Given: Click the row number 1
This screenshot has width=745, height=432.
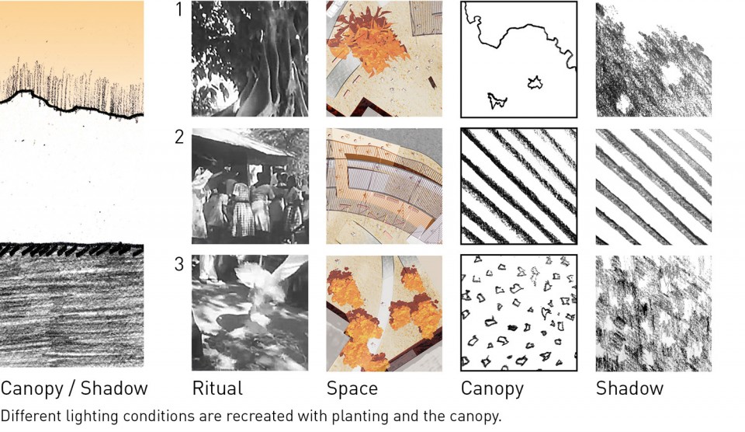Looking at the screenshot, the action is [178, 9].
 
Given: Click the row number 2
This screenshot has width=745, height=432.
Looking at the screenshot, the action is [179, 137].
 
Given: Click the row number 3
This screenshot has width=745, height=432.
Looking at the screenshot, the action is [179, 264].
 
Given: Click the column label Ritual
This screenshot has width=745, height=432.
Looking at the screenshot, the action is [217, 388].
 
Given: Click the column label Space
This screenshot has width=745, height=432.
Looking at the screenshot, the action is [352, 389].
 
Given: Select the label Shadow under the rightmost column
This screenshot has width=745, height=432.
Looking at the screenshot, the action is [629, 388].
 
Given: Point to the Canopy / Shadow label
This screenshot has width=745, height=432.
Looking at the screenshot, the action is [74, 388].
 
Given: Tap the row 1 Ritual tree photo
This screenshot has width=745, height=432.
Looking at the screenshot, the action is [250, 58].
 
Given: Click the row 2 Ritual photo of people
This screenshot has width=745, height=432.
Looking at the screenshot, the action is [250, 186].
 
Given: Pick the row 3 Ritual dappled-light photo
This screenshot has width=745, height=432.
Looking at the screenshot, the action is [250, 313].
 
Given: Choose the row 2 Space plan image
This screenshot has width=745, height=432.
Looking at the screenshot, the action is [384, 186].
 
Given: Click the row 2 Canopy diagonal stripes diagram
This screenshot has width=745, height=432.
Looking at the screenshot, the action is [519, 186].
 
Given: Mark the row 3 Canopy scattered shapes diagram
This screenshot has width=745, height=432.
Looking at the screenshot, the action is [519, 313].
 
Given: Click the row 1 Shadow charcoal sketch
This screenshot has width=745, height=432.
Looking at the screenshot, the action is [653, 59].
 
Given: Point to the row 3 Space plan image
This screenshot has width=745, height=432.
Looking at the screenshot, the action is [384, 313].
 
